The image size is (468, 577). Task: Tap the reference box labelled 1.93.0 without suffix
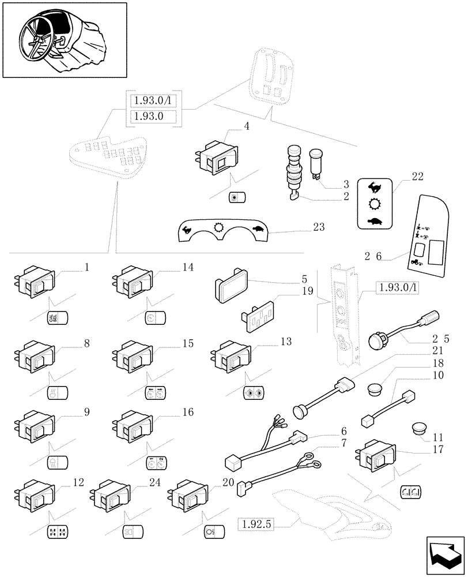(x=150, y=116)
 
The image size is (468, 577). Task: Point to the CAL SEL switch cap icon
(x=57, y=318)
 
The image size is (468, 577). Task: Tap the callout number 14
(x=188, y=267)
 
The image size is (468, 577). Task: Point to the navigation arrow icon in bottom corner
(x=444, y=553)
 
